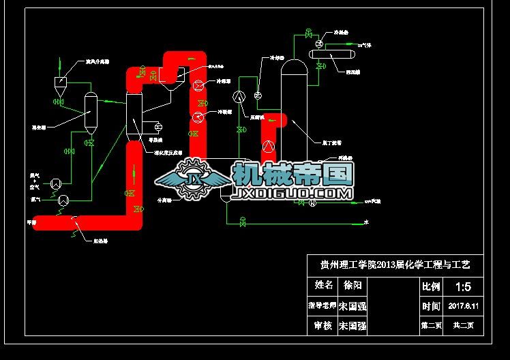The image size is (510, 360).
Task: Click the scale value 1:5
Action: coord(463,286)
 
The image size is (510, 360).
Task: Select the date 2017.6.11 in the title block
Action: coord(464,306)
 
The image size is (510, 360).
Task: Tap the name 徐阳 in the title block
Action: coord(352,285)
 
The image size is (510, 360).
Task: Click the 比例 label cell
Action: coord(431,286)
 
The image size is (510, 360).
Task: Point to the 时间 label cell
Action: coord(431,306)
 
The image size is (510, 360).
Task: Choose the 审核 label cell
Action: coord(322,326)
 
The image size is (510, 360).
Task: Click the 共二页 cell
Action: coord(464,326)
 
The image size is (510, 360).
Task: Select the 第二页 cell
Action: coord(431,326)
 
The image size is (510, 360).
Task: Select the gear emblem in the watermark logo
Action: coord(194,179)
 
